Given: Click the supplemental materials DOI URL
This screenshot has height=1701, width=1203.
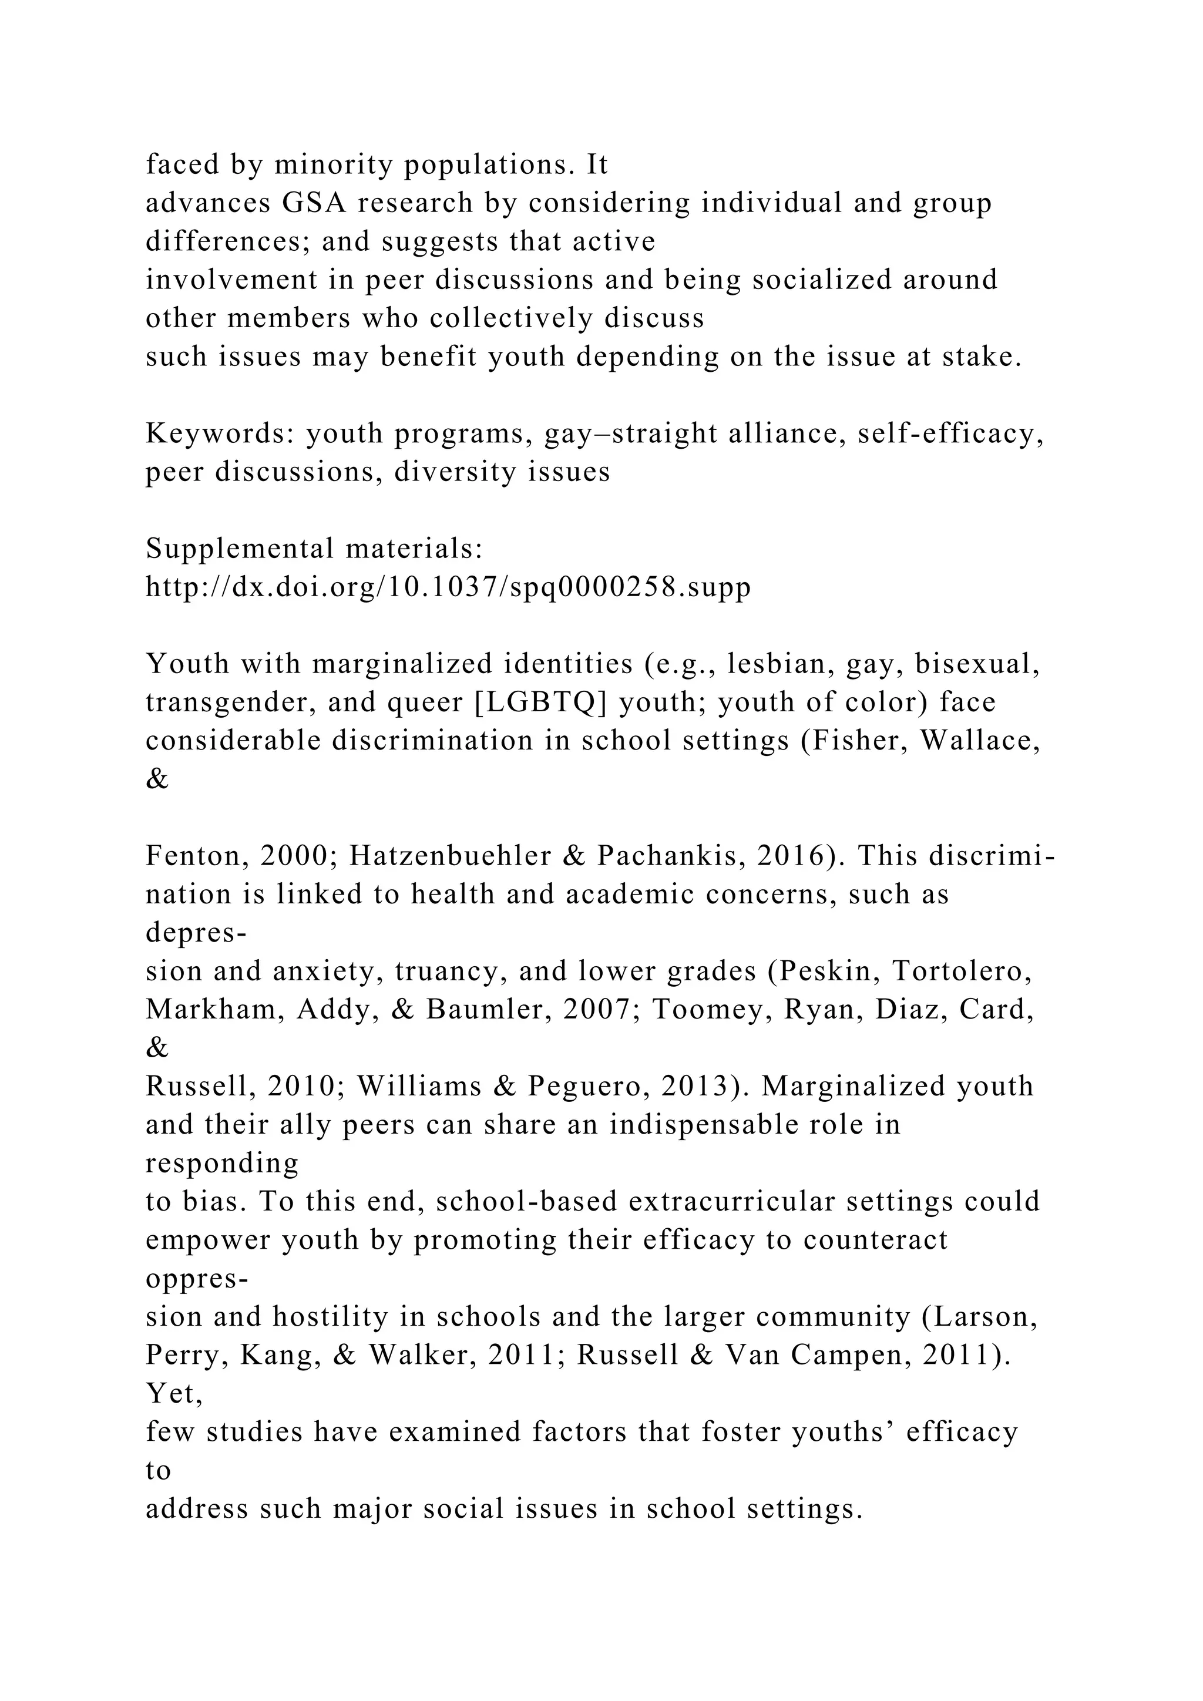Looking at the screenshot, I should (448, 587).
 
